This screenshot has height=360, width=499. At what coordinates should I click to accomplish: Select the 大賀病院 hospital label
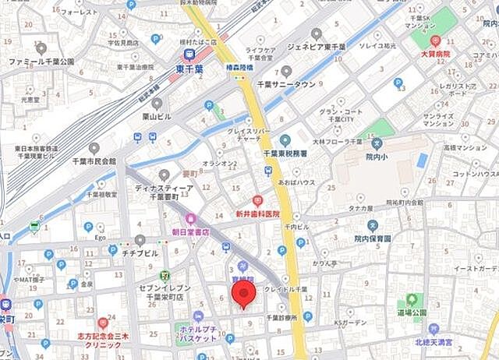pyautogui.click(x=436, y=55)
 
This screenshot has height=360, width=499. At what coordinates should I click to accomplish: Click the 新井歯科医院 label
pyautogui.click(x=257, y=214)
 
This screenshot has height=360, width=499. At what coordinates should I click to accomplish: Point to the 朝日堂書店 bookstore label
pyautogui.click(x=190, y=231)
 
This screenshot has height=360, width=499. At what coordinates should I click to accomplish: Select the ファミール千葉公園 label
pyautogui.click(x=41, y=61)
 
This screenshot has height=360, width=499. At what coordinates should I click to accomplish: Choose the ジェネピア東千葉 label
pyautogui.click(x=316, y=45)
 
